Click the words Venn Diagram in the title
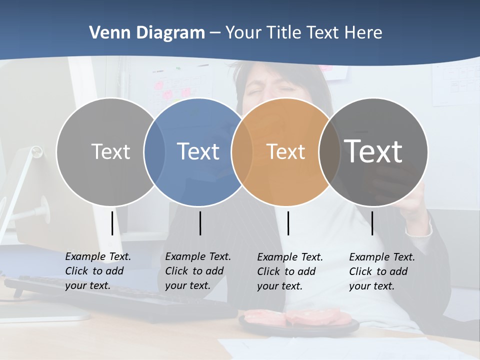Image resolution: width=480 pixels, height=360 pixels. click(x=147, y=33)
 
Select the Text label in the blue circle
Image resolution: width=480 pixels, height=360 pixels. click(x=198, y=151)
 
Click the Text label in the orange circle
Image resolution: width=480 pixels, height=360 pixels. click(x=285, y=151)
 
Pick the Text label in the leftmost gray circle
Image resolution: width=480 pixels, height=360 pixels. click(x=110, y=151)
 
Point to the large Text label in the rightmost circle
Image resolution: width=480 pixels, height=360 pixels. click(x=373, y=151)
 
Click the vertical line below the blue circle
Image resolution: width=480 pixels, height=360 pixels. click(x=200, y=223)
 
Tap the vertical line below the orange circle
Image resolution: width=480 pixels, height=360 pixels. click(x=288, y=223)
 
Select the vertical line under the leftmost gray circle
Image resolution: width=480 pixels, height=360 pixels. click(x=112, y=223)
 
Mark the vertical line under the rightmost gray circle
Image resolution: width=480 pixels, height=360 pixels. click(x=372, y=223)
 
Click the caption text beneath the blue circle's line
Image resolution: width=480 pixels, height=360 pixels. click(x=197, y=271)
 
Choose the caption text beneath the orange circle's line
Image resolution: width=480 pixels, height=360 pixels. click(x=289, y=271)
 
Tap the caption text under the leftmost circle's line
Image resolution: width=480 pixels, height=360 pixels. click(x=97, y=271)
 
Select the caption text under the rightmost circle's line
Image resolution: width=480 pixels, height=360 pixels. click(x=381, y=271)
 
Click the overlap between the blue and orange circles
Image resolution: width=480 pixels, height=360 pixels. click(x=242, y=151)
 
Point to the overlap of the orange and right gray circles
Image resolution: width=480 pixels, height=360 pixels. click(x=329, y=151)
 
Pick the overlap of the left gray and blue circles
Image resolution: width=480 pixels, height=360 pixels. click(x=154, y=151)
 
